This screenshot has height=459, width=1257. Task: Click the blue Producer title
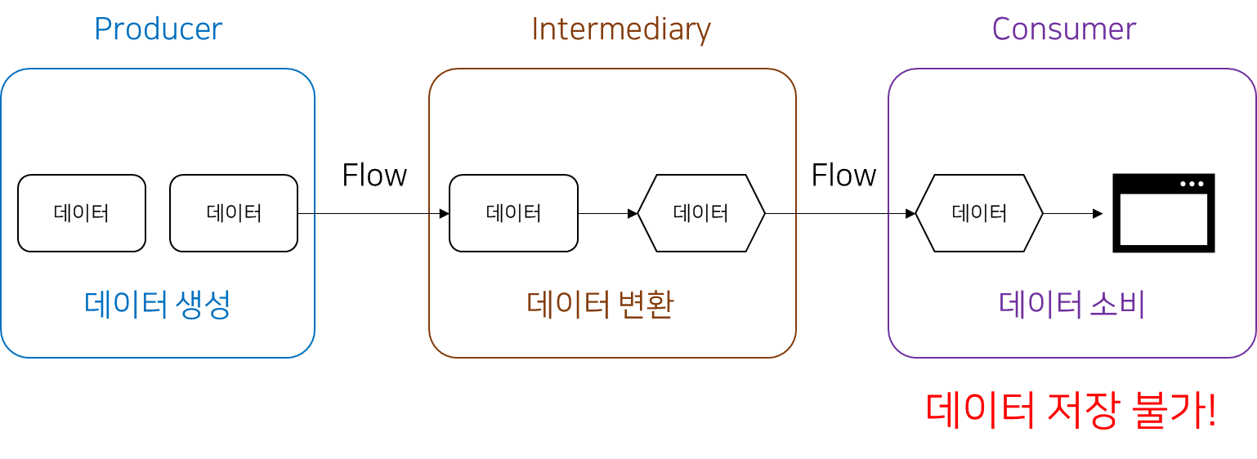tap(159, 30)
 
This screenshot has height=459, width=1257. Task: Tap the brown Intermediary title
tap(621, 30)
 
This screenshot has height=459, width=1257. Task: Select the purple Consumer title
tap(1064, 30)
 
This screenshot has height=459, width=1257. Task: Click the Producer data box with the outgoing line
tap(234, 213)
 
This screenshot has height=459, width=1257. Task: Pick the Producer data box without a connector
tap(82, 213)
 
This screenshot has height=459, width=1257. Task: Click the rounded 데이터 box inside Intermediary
tap(513, 213)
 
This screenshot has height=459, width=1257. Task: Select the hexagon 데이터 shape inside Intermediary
tap(701, 213)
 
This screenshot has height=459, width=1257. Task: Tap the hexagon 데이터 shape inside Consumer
tap(979, 213)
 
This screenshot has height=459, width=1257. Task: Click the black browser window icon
tap(1164, 214)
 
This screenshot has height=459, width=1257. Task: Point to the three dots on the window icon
tap(1192, 184)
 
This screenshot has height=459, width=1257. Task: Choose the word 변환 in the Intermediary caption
tap(646, 305)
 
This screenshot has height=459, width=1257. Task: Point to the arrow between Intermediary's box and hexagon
tap(607, 214)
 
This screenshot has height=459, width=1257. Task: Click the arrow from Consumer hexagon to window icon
tap(1073, 214)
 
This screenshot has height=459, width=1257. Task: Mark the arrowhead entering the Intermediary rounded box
tap(444, 214)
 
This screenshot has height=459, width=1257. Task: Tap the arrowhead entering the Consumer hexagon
tap(910, 214)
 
